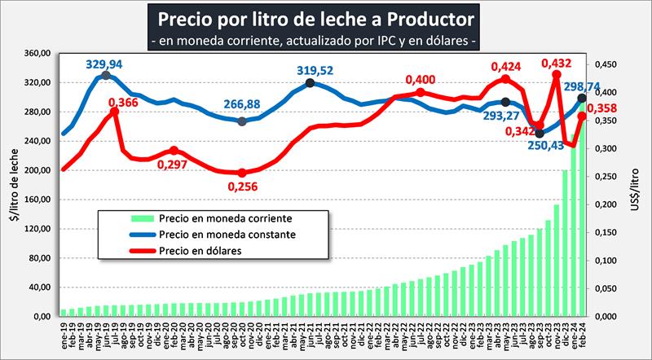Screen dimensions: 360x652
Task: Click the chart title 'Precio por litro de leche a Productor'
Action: (314, 17)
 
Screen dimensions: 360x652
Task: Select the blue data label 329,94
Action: (107, 63)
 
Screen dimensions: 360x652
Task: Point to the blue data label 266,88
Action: (242, 105)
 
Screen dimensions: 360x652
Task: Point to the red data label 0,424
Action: (506, 68)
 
